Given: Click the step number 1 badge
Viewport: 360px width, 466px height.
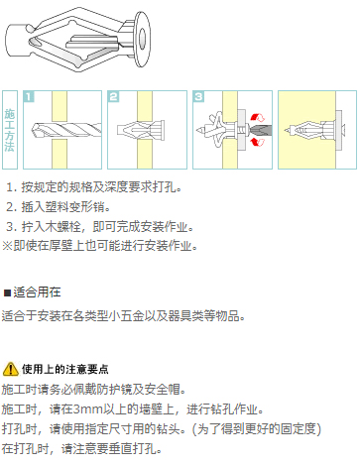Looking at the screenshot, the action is [29, 96].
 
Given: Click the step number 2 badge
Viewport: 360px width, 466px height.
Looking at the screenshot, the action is [113, 96].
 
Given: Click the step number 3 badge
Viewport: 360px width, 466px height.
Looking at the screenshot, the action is [198, 96].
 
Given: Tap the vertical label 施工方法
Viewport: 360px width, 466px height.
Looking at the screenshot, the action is [10, 130].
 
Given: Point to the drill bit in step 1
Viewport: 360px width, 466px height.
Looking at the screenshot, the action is [66, 130].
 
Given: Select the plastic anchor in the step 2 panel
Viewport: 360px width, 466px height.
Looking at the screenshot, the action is [141, 130].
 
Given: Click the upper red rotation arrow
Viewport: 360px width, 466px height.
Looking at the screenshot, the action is [258, 117].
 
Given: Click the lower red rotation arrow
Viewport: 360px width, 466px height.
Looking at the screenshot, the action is [258, 142].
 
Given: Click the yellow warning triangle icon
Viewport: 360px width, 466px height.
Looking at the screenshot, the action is [10, 369].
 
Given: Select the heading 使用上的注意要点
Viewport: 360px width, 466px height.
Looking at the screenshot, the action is [65, 369].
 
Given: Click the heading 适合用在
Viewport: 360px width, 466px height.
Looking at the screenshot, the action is [37, 292].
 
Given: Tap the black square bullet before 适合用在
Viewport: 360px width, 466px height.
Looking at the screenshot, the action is [7, 292].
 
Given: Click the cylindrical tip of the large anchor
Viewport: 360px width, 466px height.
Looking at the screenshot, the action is [16, 41].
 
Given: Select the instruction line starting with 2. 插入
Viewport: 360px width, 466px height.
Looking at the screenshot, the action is [59, 207].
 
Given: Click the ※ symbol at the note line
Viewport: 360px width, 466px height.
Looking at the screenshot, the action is [7, 246].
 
